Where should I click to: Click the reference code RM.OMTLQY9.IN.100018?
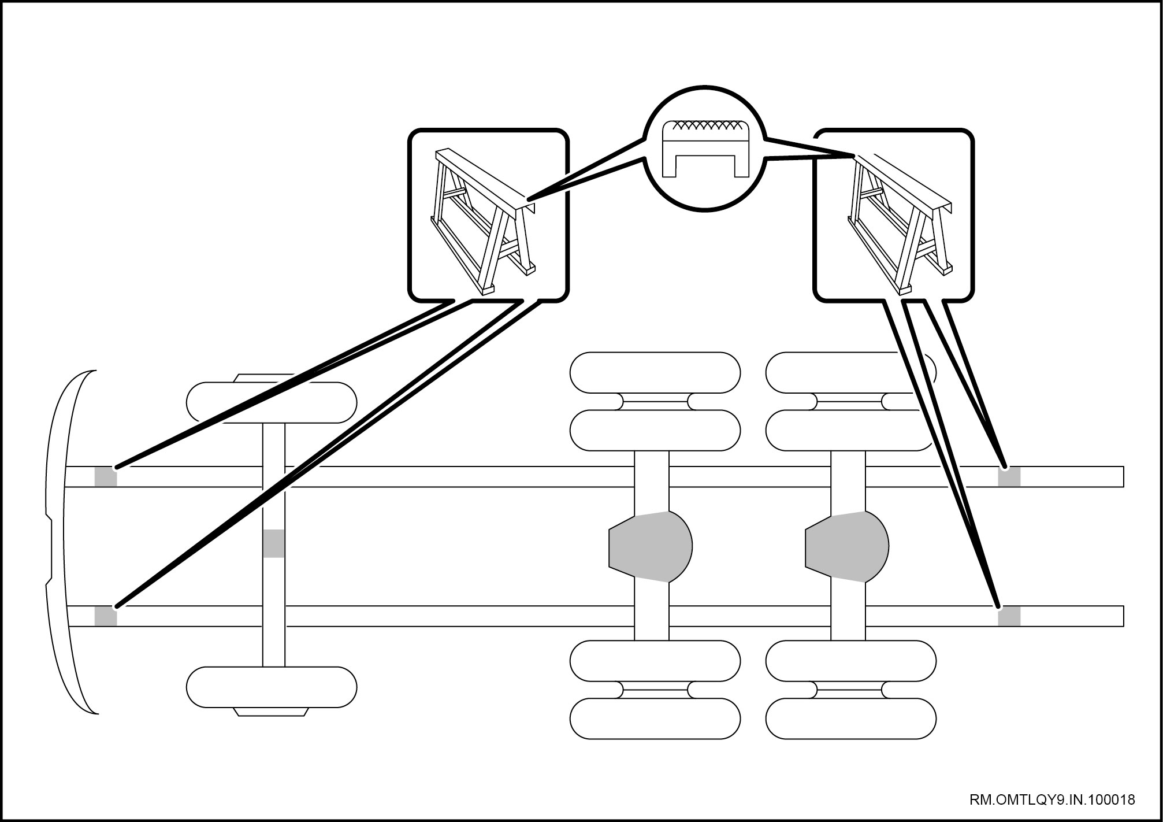coord(1051,800)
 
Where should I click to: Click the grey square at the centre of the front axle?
coord(273,543)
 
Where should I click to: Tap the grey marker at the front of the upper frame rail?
coord(106,477)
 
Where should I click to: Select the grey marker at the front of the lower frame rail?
coord(106,616)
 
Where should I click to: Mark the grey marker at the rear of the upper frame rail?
coord(1009,477)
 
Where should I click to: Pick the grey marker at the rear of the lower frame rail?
coord(1009,616)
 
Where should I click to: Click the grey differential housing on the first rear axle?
coord(651,546)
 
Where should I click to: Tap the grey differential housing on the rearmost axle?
coord(846,546)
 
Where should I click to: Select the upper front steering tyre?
coord(272,402)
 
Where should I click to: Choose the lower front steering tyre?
coord(272,687)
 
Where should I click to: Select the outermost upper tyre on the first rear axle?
coord(655,373)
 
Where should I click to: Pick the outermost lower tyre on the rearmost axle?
coord(850,719)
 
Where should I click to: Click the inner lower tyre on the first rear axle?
coord(655,661)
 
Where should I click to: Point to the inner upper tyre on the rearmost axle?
coord(850,430)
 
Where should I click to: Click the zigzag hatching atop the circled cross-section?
coord(706,124)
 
